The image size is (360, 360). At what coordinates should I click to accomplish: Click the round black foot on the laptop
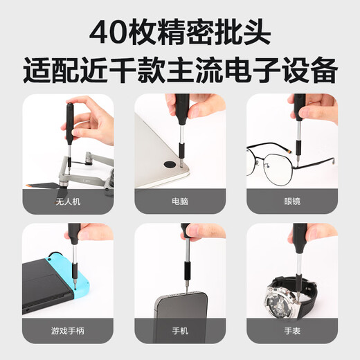tap(170, 166)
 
